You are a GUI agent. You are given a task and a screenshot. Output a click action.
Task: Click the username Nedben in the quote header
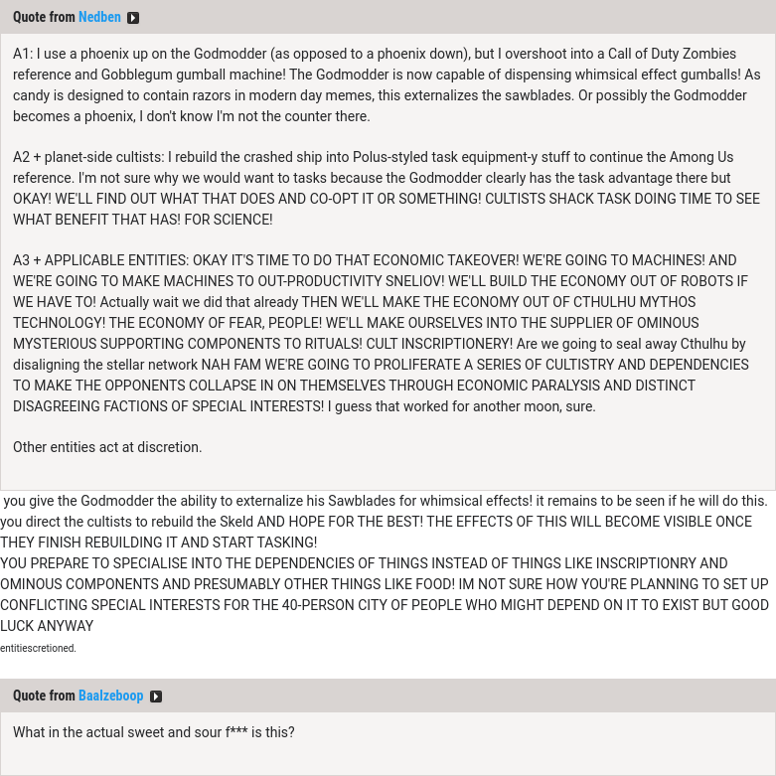99,17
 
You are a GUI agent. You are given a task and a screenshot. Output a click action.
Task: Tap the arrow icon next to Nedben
133,18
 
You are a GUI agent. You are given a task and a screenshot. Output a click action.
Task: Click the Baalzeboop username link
110,696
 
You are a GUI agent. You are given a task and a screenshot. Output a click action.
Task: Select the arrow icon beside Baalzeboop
156,697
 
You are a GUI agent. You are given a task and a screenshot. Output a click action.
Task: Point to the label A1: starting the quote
23,54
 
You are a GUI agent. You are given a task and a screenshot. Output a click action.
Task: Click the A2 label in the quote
23,157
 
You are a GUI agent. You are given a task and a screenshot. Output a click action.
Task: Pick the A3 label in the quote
23,260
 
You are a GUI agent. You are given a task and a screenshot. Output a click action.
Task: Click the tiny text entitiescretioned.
38,648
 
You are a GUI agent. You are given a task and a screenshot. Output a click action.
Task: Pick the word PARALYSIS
559,386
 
